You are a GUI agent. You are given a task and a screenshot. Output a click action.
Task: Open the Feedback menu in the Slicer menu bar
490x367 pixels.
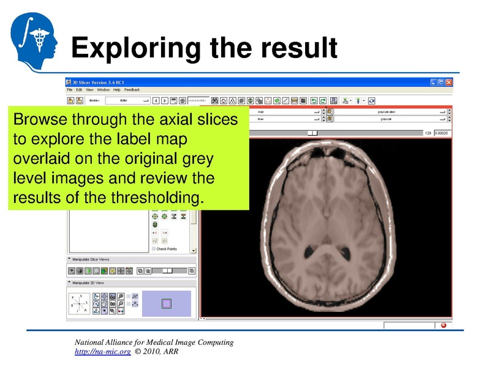coord(132,90)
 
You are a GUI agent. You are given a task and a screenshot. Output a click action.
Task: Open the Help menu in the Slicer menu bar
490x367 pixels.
coord(117,90)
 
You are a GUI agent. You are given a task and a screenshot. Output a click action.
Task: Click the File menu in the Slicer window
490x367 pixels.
coord(70,90)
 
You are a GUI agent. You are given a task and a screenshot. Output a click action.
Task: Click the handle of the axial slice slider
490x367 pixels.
coord(313,133)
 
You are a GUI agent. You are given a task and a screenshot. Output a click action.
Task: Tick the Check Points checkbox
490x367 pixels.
coord(153,249)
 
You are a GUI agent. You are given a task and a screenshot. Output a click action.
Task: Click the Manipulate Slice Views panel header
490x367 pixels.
coord(91,259)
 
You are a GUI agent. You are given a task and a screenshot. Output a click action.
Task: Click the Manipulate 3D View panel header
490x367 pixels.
coord(89,283)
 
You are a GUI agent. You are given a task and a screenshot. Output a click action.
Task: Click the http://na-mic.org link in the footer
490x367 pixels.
coord(102,352)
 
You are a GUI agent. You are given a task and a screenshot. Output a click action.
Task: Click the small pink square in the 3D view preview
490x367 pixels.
coord(167,303)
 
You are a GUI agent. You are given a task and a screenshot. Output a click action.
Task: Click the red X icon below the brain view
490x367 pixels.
coord(443,325)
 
